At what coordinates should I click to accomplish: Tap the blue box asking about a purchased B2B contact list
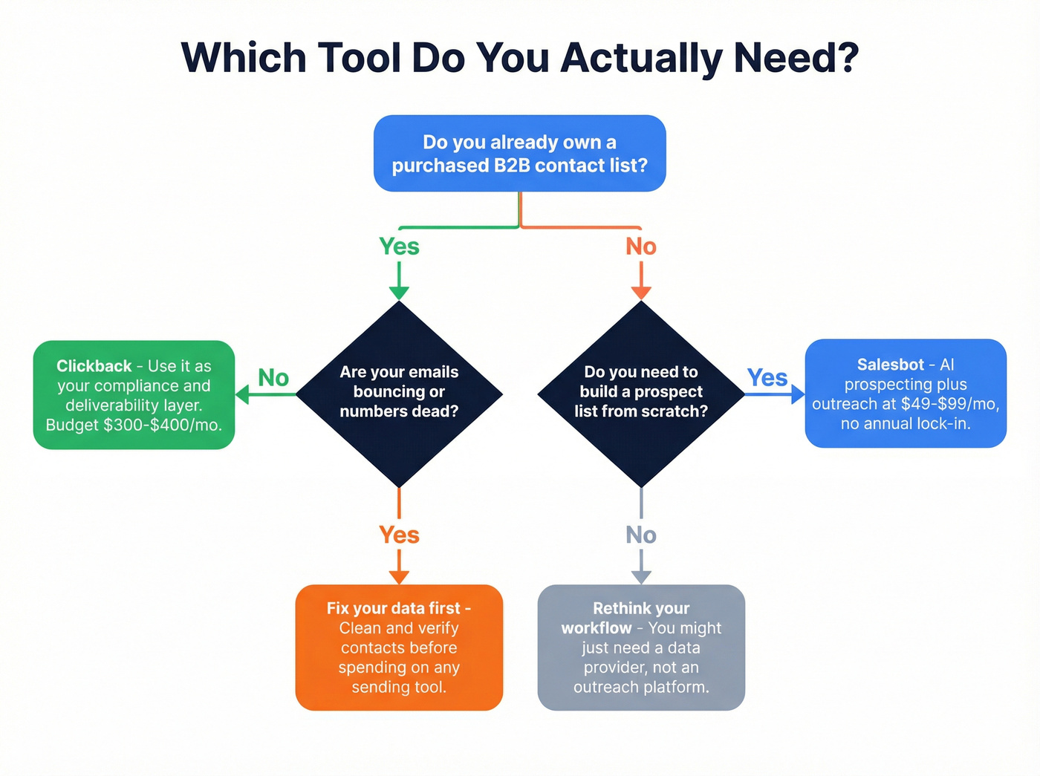tap(519, 154)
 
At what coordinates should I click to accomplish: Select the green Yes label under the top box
tap(399, 247)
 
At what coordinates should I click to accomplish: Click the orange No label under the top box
tap(640, 247)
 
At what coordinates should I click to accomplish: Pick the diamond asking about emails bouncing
tap(399, 394)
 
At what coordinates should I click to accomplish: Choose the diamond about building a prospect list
tap(640, 394)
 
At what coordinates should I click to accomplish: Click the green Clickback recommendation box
tap(134, 395)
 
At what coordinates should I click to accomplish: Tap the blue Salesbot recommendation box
tap(906, 394)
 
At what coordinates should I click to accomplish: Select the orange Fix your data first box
tap(399, 648)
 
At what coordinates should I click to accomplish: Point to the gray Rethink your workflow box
tap(640, 648)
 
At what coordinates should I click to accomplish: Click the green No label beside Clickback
tap(273, 378)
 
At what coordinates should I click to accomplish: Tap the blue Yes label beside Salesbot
tap(767, 378)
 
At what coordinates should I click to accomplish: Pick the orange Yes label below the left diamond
tap(399, 535)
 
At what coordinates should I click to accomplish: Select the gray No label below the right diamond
tap(640, 535)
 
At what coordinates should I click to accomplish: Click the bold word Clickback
tap(94, 366)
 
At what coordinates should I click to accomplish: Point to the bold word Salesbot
tap(890, 365)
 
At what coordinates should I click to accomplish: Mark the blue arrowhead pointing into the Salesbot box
tap(798, 394)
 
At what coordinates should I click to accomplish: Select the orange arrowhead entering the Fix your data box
tap(399, 577)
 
